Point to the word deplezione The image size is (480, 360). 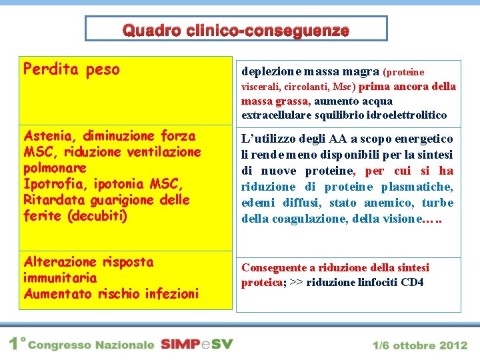pyautogui.click(x=267, y=71)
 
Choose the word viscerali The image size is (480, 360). pyautogui.click(x=260, y=87)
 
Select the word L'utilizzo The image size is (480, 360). pyautogui.click(x=267, y=139)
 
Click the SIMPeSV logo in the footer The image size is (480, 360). pyautogui.click(x=197, y=345)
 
